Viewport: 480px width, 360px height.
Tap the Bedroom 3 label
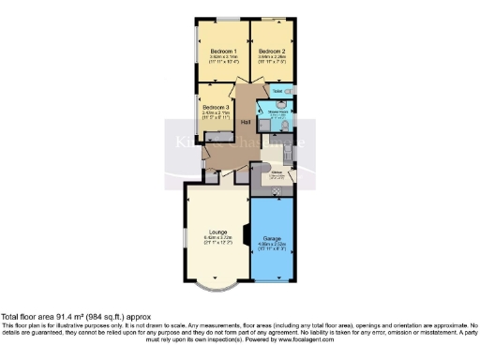pyautogui.click(x=216, y=108)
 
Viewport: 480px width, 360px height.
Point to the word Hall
pyautogui.click(x=246, y=123)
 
